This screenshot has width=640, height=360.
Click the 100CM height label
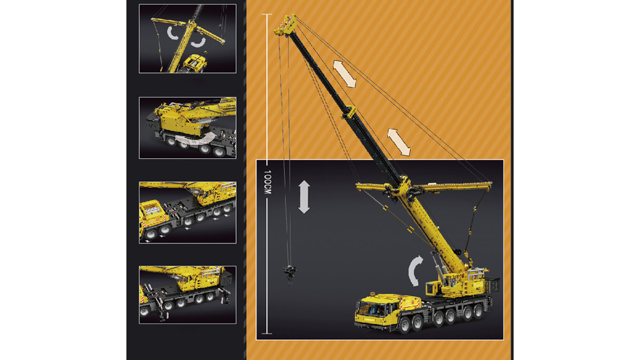pos(267,182)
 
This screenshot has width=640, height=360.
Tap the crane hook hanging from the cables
pos(290,275)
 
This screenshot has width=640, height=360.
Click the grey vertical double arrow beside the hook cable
pos(304,197)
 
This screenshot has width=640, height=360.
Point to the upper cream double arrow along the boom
pos(345,74)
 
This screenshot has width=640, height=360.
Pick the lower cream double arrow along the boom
pos(399,142)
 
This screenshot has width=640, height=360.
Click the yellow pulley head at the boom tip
pos(286,25)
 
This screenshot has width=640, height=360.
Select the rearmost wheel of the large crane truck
pos(478,311)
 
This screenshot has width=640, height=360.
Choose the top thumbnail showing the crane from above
pos(187,38)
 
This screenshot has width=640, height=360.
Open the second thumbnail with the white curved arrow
pos(187,127)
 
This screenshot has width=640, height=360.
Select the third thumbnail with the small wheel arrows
pos(187,212)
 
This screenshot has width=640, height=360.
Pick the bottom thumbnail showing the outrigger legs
pos(187,294)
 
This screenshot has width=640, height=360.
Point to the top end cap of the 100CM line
pos(267,14)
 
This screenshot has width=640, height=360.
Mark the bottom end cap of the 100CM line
pos(267,333)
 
